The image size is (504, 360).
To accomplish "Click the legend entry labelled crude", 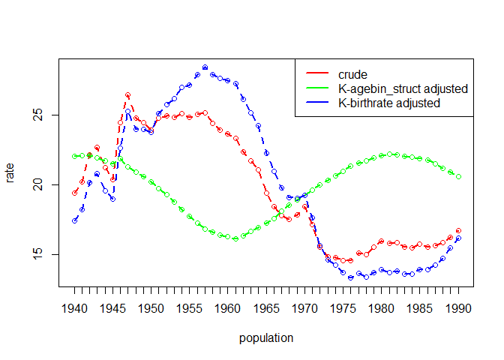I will [x=352, y=74].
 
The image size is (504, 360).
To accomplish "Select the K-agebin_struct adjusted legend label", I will [x=403, y=88].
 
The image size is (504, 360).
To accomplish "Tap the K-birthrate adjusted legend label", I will [x=389, y=103].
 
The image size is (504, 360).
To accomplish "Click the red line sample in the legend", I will [x=318, y=74].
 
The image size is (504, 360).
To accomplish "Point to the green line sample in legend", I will [x=318, y=88].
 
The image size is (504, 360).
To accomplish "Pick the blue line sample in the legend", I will [x=318, y=103].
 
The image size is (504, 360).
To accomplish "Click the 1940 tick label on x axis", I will [x=74, y=307].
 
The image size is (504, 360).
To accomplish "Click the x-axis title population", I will [x=266, y=338].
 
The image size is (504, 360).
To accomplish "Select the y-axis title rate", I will [x=10, y=174].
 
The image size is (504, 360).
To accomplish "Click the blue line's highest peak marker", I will [x=205, y=67].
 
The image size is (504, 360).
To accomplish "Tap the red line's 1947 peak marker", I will [x=128, y=95].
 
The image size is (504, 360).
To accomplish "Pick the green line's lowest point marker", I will [x=235, y=238].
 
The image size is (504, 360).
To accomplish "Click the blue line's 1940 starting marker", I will [x=74, y=220].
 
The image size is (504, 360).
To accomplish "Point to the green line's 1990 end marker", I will [x=458, y=177].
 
